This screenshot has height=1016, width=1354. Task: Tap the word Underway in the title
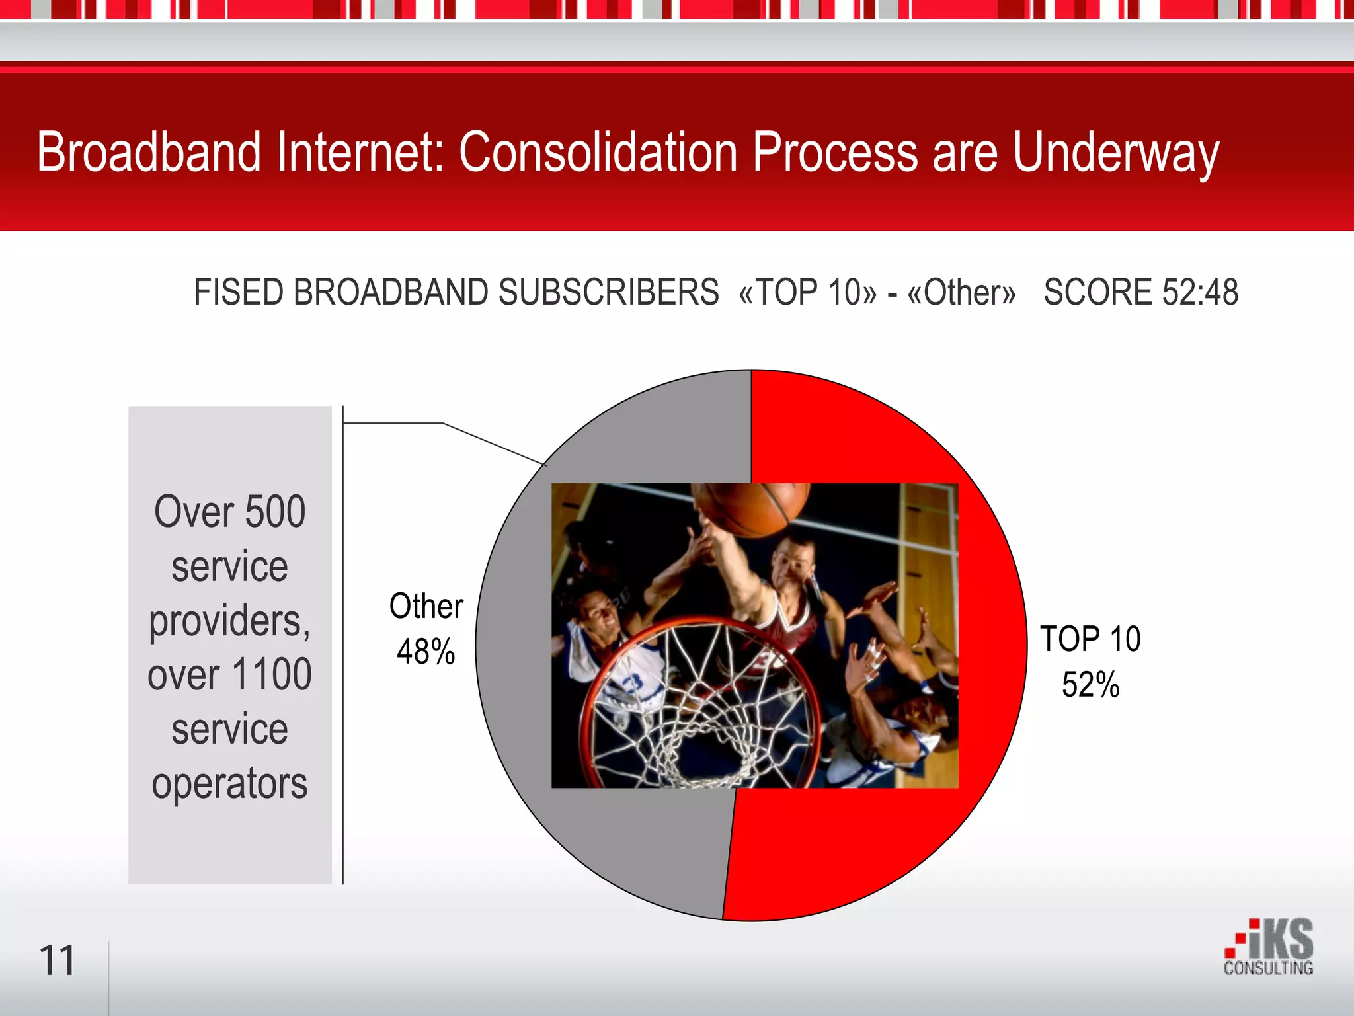(1115, 153)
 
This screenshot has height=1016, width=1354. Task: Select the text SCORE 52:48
(1140, 292)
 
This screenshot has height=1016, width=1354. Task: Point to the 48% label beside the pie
(426, 652)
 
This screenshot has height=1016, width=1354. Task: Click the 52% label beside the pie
(1090, 685)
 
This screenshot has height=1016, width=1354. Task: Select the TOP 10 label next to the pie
(1090, 639)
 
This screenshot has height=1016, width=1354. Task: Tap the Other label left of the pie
(426, 606)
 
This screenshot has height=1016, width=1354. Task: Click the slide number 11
(57, 960)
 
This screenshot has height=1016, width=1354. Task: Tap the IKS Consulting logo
(1269, 947)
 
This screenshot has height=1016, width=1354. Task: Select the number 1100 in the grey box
(272, 675)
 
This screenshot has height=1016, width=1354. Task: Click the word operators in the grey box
(229, 784)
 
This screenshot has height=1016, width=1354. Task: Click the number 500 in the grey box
(275, 512)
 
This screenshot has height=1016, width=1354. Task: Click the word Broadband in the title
(149, 152)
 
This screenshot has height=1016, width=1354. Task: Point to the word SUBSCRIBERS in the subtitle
(608, 292)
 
